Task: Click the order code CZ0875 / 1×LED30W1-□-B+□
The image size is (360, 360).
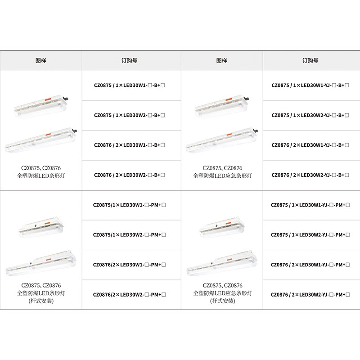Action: click(x=129, y=85)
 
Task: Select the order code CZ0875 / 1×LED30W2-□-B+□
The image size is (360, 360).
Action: click(x=129, y=115)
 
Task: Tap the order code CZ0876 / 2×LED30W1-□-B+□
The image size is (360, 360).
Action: click(x=129, y=145)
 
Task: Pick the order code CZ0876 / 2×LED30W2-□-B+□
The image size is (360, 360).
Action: click(x=129, y=175)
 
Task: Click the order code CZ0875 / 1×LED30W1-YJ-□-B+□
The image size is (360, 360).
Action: click(x=310, y=85)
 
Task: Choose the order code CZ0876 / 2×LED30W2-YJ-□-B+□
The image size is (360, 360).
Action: click(x=310, y=175)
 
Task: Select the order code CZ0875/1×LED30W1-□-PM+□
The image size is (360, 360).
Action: click(x=129, y=205)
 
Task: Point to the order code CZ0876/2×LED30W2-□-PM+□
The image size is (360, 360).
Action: click(x=129, y=295)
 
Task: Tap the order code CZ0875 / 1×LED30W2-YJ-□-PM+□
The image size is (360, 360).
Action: click(x=310, y=235)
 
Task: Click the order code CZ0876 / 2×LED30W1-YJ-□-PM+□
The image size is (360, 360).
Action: click(x=310, y=265)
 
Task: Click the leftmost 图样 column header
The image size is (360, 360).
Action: click(x=41, y=61)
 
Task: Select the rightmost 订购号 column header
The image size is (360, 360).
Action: click(x=310, y=61)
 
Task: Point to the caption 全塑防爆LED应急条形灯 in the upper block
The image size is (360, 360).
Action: click(x=222, y=176)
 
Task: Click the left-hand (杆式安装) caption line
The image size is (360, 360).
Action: click(x=41, y=301)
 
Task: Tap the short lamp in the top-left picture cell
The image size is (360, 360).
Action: click(x=41, y=108)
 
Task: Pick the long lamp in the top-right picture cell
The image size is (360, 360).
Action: click(x=222, y=140)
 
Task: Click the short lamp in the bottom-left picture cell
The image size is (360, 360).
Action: click(x=40, y=227)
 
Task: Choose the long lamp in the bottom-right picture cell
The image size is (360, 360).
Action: click(x=222, y=263)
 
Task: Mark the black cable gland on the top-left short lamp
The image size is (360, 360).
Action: click(x=67, y=99)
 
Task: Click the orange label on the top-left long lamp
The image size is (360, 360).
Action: click(x=48, y=135)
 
